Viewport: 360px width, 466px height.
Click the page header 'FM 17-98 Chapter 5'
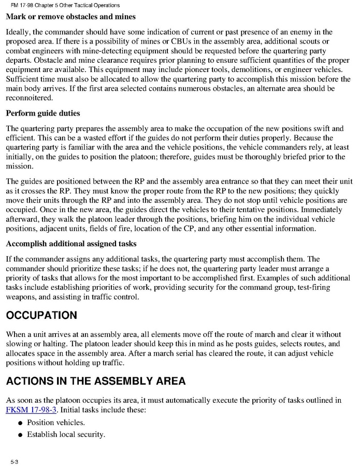click(x=65, y=5)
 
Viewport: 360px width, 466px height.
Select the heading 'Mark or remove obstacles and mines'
click(x=70, y=17)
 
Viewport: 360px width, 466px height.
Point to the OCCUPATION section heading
click(x=41, y=316)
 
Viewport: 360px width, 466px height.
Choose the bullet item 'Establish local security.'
click(x=66, y=434)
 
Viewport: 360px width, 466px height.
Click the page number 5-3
click(x=13, y=461)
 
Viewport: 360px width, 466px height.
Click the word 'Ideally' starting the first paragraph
click(x=19, y=33)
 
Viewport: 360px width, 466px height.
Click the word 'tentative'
click(x=250, y=209)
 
